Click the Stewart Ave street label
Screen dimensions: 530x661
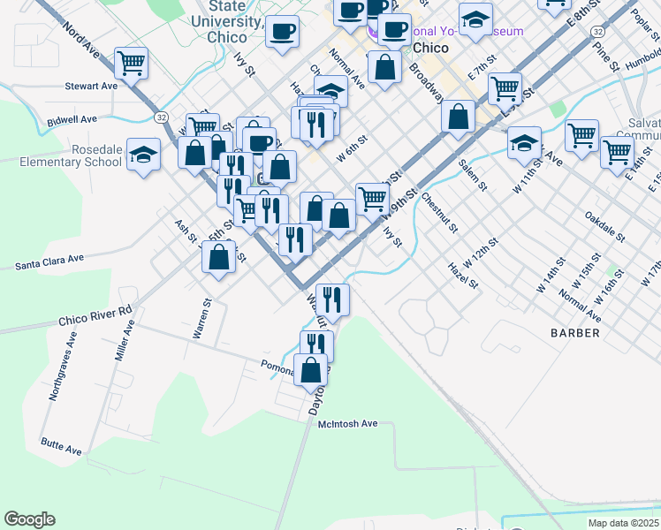91,87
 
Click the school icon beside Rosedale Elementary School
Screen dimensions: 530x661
143,155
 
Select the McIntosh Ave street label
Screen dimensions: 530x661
347,424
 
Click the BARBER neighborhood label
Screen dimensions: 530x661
574,333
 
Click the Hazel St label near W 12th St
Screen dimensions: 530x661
462,276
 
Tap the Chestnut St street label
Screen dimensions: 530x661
439,212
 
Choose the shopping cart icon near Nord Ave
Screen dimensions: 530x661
131,63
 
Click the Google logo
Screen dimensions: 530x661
29,519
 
